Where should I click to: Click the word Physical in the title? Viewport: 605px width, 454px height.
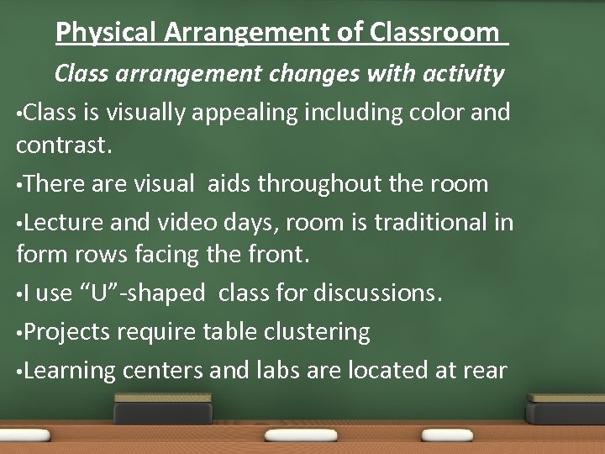[106, 33]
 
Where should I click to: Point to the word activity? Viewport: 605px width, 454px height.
[454, 74]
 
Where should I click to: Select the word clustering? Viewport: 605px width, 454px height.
[318, 332]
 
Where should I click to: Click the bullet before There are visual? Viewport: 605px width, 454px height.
[19, 184]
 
